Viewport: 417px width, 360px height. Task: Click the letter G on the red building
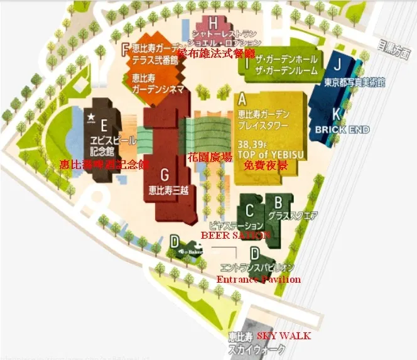coord(165,174)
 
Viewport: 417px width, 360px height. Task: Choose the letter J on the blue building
coord(337,63)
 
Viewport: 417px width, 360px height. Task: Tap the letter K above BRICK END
coord(337,114)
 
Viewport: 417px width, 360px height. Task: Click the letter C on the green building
coord(249,209)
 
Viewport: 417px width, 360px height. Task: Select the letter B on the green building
coord(277,202)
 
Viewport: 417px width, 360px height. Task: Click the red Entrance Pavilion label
coord(258,279)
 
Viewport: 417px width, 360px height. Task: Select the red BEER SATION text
coord(236,234)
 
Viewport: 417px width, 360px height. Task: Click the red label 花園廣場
coord(210,157)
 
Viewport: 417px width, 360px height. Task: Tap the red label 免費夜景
coord(266,165)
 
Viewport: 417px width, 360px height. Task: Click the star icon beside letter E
coord(90,116)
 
